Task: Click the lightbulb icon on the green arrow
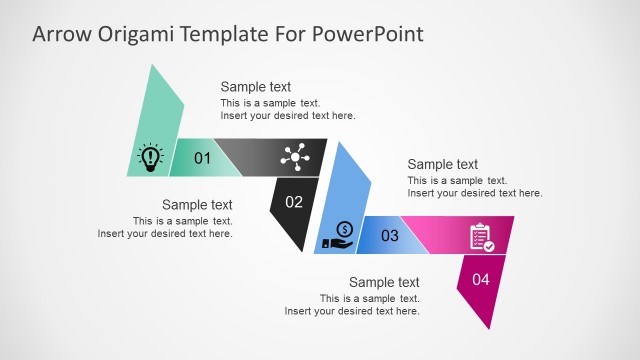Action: [x=151, y=157]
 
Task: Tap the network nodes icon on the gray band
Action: [x=297, y=156]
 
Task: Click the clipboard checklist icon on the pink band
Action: [x=482, y=237]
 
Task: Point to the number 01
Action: [x=202, y=158]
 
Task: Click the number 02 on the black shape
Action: [x=294, y=202]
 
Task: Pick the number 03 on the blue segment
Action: [x=390, y=236]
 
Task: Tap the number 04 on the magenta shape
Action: [x=481, y=280]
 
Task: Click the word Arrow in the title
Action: [x=59, y=34]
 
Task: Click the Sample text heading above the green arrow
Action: [x=256, y=87]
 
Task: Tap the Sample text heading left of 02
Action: [x=197, y=205]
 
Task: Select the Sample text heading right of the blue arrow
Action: [x=443, y=164]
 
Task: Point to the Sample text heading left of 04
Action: [x=384, y=282]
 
